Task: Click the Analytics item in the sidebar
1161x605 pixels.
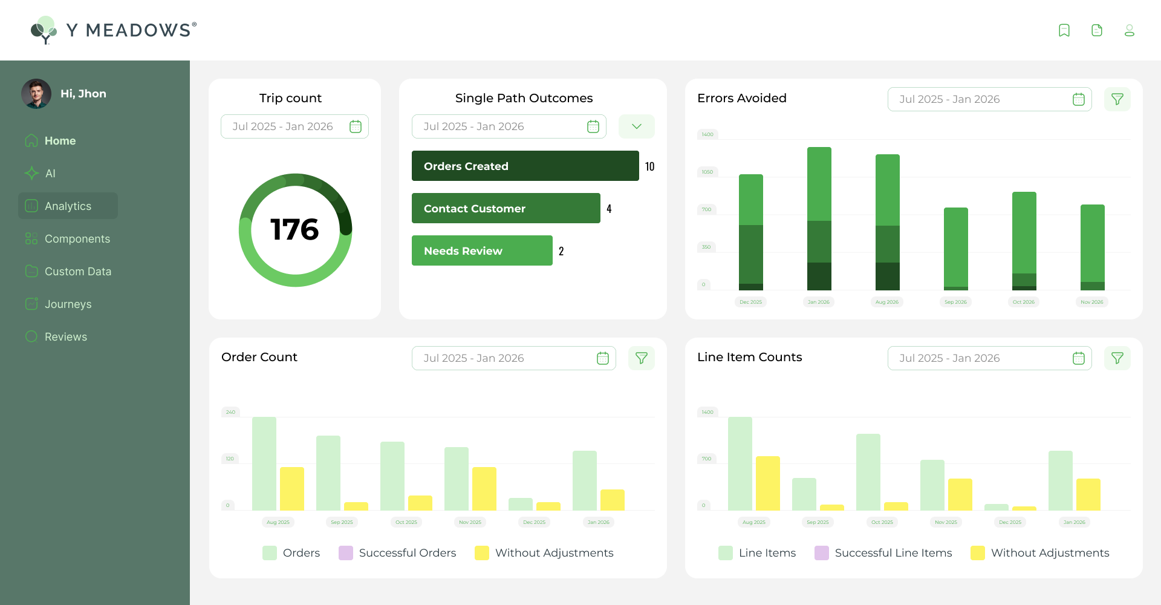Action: [x=68, y=206]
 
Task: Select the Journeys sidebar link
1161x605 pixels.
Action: [x=68, y=304]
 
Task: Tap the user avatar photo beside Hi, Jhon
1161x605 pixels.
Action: [x=36, y=94]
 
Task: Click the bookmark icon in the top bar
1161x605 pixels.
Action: [x=1064, y=30]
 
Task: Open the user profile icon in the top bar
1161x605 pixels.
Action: [x=1129, y=30]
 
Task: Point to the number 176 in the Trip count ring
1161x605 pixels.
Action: [x=294, y=230]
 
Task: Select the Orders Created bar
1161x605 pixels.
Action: [x=525, y=166]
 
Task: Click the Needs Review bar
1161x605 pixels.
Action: [x=482, y=250]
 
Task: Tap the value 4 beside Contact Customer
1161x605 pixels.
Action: [x=609, y=209]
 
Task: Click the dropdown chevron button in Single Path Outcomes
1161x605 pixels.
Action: [x=636, y=126]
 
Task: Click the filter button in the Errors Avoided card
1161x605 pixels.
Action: [x=1117, y=99]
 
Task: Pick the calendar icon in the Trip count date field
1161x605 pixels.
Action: [x=356, y=126]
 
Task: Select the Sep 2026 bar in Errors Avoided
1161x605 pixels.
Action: [x=955, y=248]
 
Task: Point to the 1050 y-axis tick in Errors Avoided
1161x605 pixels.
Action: [x=707, y=172]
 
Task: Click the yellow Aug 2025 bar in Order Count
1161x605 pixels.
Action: [x=292, y=488]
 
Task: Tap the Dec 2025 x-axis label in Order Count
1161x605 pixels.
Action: [x=534, y=522]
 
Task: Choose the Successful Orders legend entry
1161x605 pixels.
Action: [x=397, y=553]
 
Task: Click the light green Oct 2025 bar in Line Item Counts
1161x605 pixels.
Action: [x=868, y=472]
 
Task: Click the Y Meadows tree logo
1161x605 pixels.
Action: [x=44, y=30]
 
